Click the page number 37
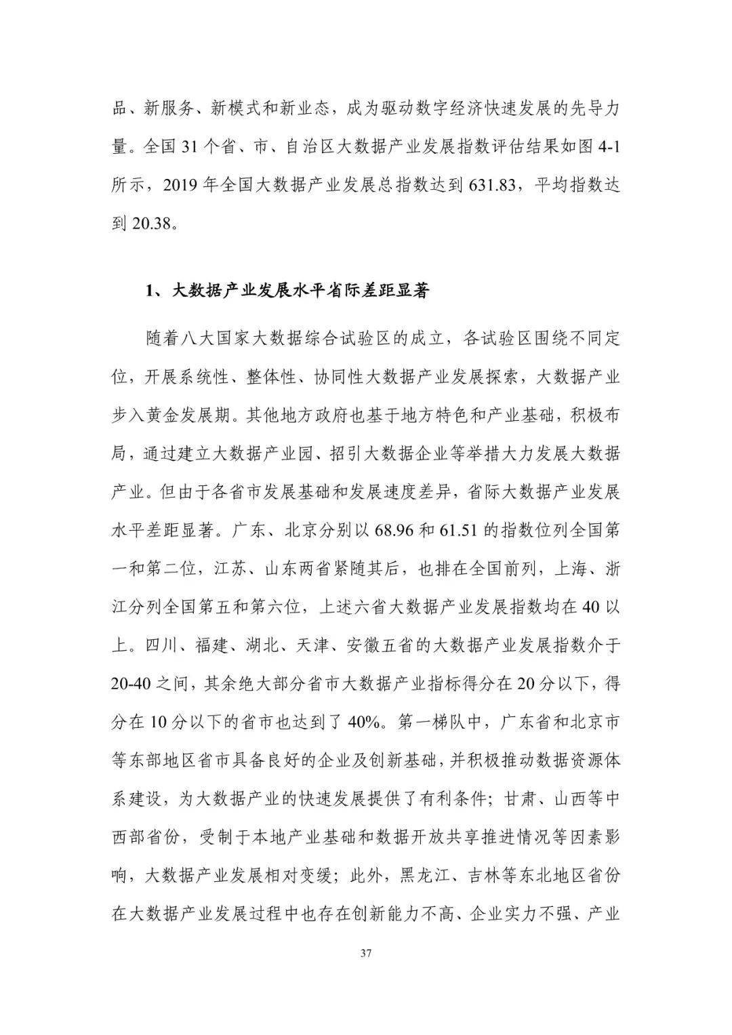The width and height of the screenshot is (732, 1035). (365, 954)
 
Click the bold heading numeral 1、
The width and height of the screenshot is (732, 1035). (153, 292)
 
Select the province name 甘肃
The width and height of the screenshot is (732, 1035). (521, 798)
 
